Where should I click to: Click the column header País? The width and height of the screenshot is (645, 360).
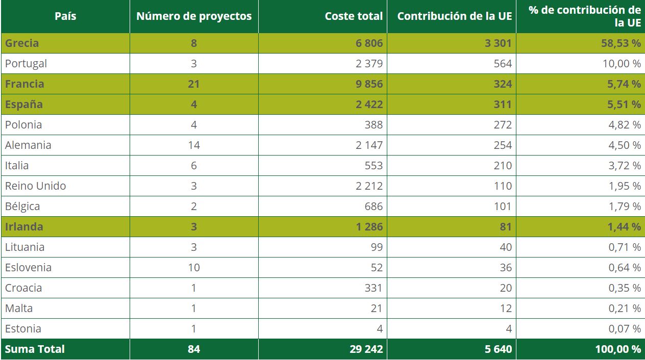65,16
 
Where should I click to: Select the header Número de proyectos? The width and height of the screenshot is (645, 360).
194,16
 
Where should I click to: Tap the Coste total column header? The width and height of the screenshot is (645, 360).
354,16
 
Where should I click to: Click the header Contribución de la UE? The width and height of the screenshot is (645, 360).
454,16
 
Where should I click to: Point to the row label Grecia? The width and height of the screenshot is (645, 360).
22,43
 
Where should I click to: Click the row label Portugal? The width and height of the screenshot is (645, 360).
26,64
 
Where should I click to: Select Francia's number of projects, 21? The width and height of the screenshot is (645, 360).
194,84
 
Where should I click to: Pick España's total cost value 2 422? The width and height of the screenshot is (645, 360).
369,105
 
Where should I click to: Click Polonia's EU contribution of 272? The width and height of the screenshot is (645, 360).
503,125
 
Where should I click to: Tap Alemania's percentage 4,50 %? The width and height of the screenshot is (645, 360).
624,145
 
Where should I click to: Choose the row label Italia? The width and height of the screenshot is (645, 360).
17,166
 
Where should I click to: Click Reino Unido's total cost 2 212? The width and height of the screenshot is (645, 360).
369,186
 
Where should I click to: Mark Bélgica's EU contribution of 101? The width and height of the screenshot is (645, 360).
503,207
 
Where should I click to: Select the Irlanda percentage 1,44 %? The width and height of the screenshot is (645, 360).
624,227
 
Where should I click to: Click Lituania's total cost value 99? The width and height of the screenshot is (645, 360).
377,247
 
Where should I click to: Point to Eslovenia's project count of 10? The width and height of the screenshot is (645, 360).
194,268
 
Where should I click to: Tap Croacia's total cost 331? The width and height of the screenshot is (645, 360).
374,288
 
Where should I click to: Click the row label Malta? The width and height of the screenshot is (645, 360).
19,308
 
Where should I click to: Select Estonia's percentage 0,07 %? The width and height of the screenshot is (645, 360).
624,329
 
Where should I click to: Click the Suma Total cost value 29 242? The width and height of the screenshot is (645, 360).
366,349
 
